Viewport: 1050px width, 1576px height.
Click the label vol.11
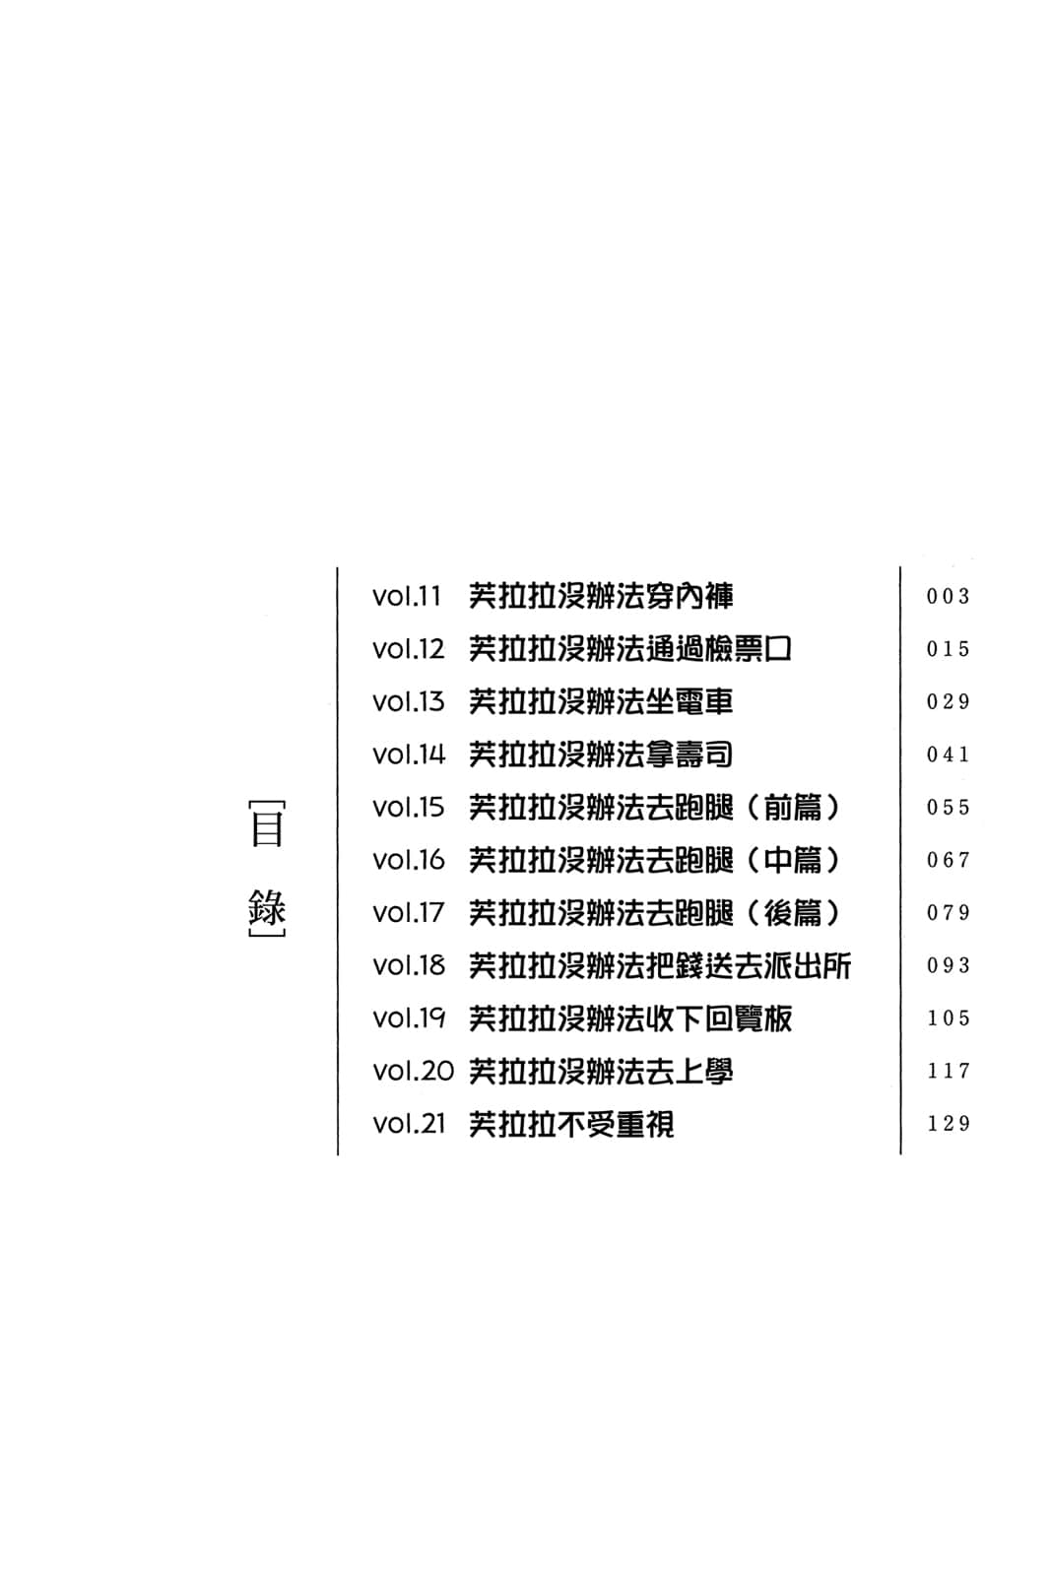pyautogui.click(x=406, y=597)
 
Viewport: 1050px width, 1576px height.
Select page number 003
pyautogui.click(x=948, y=597)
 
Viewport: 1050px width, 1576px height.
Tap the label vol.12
pyautogui.click(x=408, y=650)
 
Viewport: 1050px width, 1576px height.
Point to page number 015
pyautogui.click(x=948, y=650)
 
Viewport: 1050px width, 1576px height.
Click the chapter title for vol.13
pyautogui.click(x=601, y=702)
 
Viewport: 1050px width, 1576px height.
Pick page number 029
pyautogui.click(x=948, y=702)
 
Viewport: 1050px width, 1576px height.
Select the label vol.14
pyautogui.click(x=408, y=755)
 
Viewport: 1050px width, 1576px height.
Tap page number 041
pyautogui.click(x=948, y=755)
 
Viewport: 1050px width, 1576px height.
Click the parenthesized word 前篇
pyautogui.click(x=793, y=808)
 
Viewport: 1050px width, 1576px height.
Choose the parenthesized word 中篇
pyautogui.click(x=793, y=861)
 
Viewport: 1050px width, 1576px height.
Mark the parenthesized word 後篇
pyautogui.click(x=793, y=913)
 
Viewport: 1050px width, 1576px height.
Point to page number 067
pyautogui.click(x=948, y=861)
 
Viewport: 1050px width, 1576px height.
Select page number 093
pyautogui.click(x=948, y=966)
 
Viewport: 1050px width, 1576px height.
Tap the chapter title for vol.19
pyautogui.click(x=630, y=1018)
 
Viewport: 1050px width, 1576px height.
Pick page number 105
pyautogui.click(x=948, y=1018)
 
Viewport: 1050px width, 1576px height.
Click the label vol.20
pyautogui.click(x=413, y=1072)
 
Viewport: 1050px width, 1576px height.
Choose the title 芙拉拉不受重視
pyautogui.click(x=571, y=1124)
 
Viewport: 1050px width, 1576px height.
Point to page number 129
pyautogui.click(x=948, y=1124)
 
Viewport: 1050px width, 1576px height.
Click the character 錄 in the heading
pyautogui.click(x=267, y=906)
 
